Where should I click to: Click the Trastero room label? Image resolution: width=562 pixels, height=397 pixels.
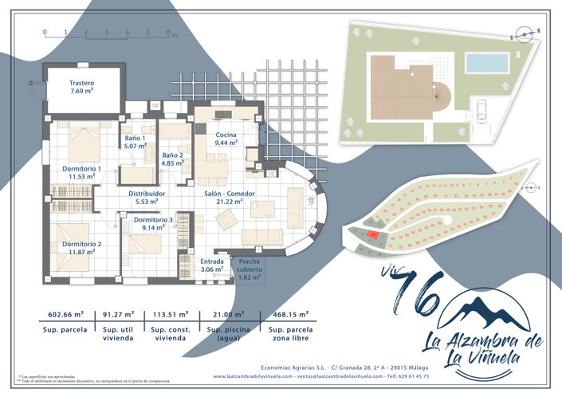click(81, 87)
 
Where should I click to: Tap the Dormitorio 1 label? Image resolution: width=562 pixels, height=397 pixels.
click(81, 173)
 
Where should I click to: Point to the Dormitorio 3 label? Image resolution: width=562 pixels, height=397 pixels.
click(153, 223)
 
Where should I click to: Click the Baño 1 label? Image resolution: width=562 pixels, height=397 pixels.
click(136, 142)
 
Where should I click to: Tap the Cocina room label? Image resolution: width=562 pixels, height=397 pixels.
click(226, 140)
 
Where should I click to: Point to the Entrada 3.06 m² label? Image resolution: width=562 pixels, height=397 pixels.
click(191, 265)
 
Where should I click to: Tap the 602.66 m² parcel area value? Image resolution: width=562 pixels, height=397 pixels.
click(67, 315)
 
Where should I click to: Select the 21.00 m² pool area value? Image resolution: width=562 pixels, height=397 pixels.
click(225, 315)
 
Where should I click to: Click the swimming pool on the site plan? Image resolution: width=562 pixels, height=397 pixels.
click(487, 62)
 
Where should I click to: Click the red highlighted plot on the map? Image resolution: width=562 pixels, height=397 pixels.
click(374, 235)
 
